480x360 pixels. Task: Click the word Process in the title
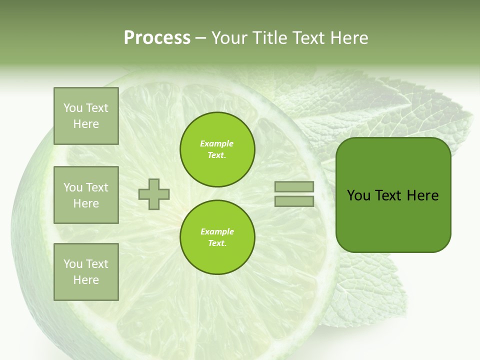(157, 38)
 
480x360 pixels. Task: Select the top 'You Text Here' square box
(86, 116)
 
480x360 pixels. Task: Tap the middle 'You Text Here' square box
(86, 195)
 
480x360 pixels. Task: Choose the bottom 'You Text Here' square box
(86, 272)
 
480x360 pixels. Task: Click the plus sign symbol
(154, 194)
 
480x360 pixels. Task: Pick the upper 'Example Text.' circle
(217, 149)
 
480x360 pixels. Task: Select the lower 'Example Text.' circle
(217, 237)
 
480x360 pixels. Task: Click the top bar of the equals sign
(294, 186)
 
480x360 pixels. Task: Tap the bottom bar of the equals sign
(294, 201)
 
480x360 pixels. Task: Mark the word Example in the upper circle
(216, 144)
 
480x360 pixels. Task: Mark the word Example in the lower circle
(217, 231)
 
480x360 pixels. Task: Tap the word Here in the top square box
(86, 124)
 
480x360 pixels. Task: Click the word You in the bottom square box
(72, 264)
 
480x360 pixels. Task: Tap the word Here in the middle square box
(86, 203)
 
